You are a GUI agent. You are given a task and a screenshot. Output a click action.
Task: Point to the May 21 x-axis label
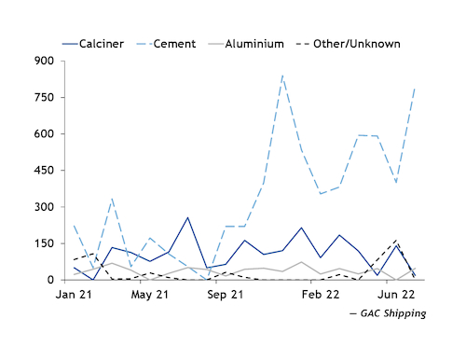click(x=149, y=295)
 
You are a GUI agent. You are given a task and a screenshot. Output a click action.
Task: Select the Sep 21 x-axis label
click(x=226, y=295)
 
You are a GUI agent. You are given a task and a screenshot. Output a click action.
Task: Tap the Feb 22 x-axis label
click(x=321, y=295)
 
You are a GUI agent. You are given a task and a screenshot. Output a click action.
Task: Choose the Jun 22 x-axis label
click(x=396, y=295)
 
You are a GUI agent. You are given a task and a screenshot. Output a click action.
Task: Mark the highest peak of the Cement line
click(x=282, y=76)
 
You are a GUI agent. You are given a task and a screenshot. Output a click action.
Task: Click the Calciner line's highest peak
click(x=187, y=217)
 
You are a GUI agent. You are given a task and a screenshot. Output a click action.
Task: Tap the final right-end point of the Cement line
click(x=415, y=88)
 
